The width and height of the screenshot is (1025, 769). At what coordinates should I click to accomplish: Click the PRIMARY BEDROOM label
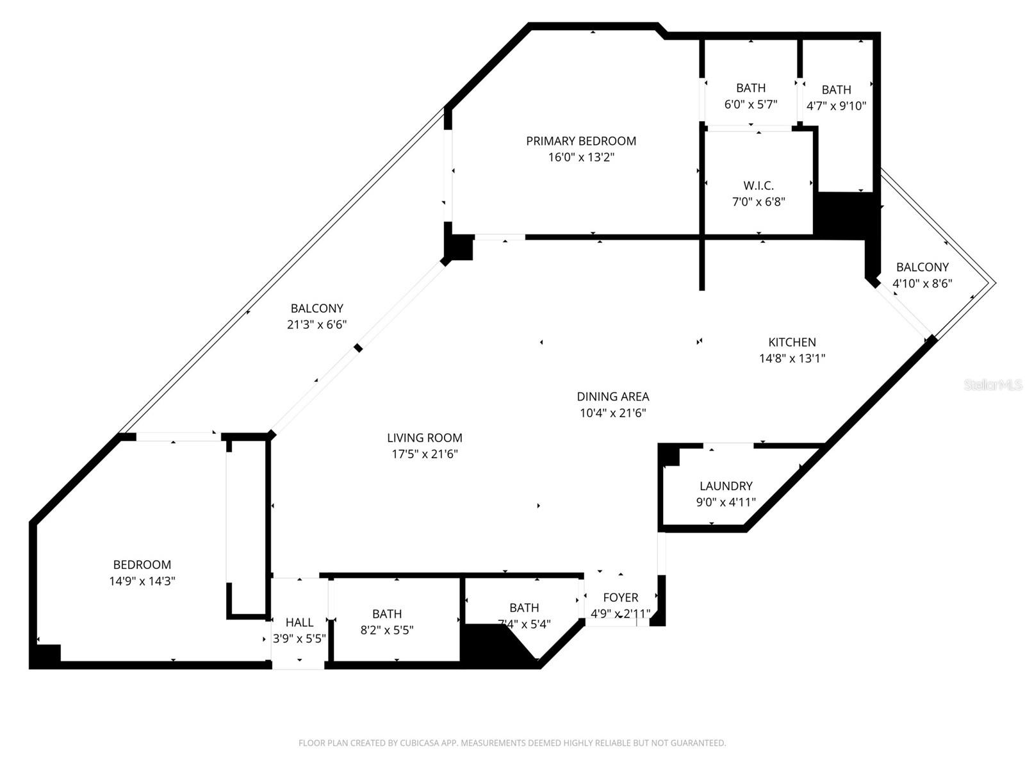(581, 141)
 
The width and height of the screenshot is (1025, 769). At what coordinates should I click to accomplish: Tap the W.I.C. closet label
(758, 186)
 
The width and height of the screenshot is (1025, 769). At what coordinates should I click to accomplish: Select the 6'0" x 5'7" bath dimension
(751, 104)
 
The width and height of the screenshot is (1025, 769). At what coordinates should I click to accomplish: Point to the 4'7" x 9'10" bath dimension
(836, 106)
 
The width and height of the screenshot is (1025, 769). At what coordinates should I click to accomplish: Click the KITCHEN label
(792, 342)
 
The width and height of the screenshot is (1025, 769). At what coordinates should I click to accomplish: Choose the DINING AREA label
(612, 397)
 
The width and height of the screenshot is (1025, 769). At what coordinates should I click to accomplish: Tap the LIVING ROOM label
(424, 438)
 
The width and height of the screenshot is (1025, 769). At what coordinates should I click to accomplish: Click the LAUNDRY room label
(726, 486)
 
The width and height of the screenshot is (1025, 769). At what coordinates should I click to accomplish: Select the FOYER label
(620, 597)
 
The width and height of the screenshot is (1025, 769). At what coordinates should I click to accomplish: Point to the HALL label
(299, 622)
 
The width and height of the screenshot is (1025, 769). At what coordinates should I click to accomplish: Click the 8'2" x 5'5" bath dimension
(386, 631)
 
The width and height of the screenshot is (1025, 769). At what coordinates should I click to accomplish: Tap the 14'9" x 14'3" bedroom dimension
(142, 581)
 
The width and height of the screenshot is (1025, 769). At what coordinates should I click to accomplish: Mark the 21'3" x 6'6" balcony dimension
(316, 324)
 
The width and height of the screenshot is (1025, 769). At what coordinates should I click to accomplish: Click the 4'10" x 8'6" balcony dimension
(922, 283)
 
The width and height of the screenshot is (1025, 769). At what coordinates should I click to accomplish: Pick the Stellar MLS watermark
(993, 384)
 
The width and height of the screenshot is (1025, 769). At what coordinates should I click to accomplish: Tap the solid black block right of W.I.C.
(844, 215)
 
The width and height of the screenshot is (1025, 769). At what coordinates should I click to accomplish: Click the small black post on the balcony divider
(359, 348)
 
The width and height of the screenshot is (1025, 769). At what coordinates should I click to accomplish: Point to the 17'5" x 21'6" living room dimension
(424, 454)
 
